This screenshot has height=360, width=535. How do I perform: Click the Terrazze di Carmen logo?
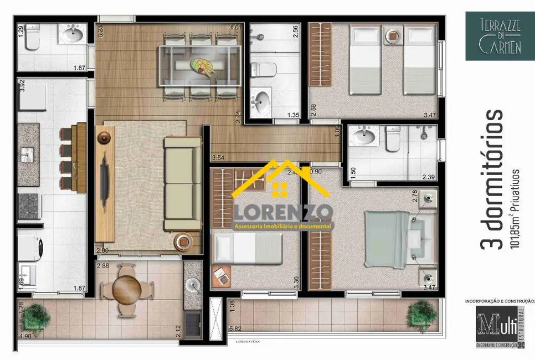(x=493, y=35)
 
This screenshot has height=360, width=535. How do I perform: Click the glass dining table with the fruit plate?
(x=200, y=65)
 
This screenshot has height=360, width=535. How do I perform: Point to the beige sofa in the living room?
(x=182, y=184)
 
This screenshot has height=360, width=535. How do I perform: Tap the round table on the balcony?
(x=127, y=287)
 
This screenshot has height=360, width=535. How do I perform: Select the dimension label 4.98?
(x=24, y=335)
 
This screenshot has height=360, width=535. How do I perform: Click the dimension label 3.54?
(x=218, y=158)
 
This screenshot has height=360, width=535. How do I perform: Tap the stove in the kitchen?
(x=29, y=205)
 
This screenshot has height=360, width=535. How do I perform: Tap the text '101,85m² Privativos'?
(x=516, y=210)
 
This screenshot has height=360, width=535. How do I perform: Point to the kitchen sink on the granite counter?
(x=27, y=155)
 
